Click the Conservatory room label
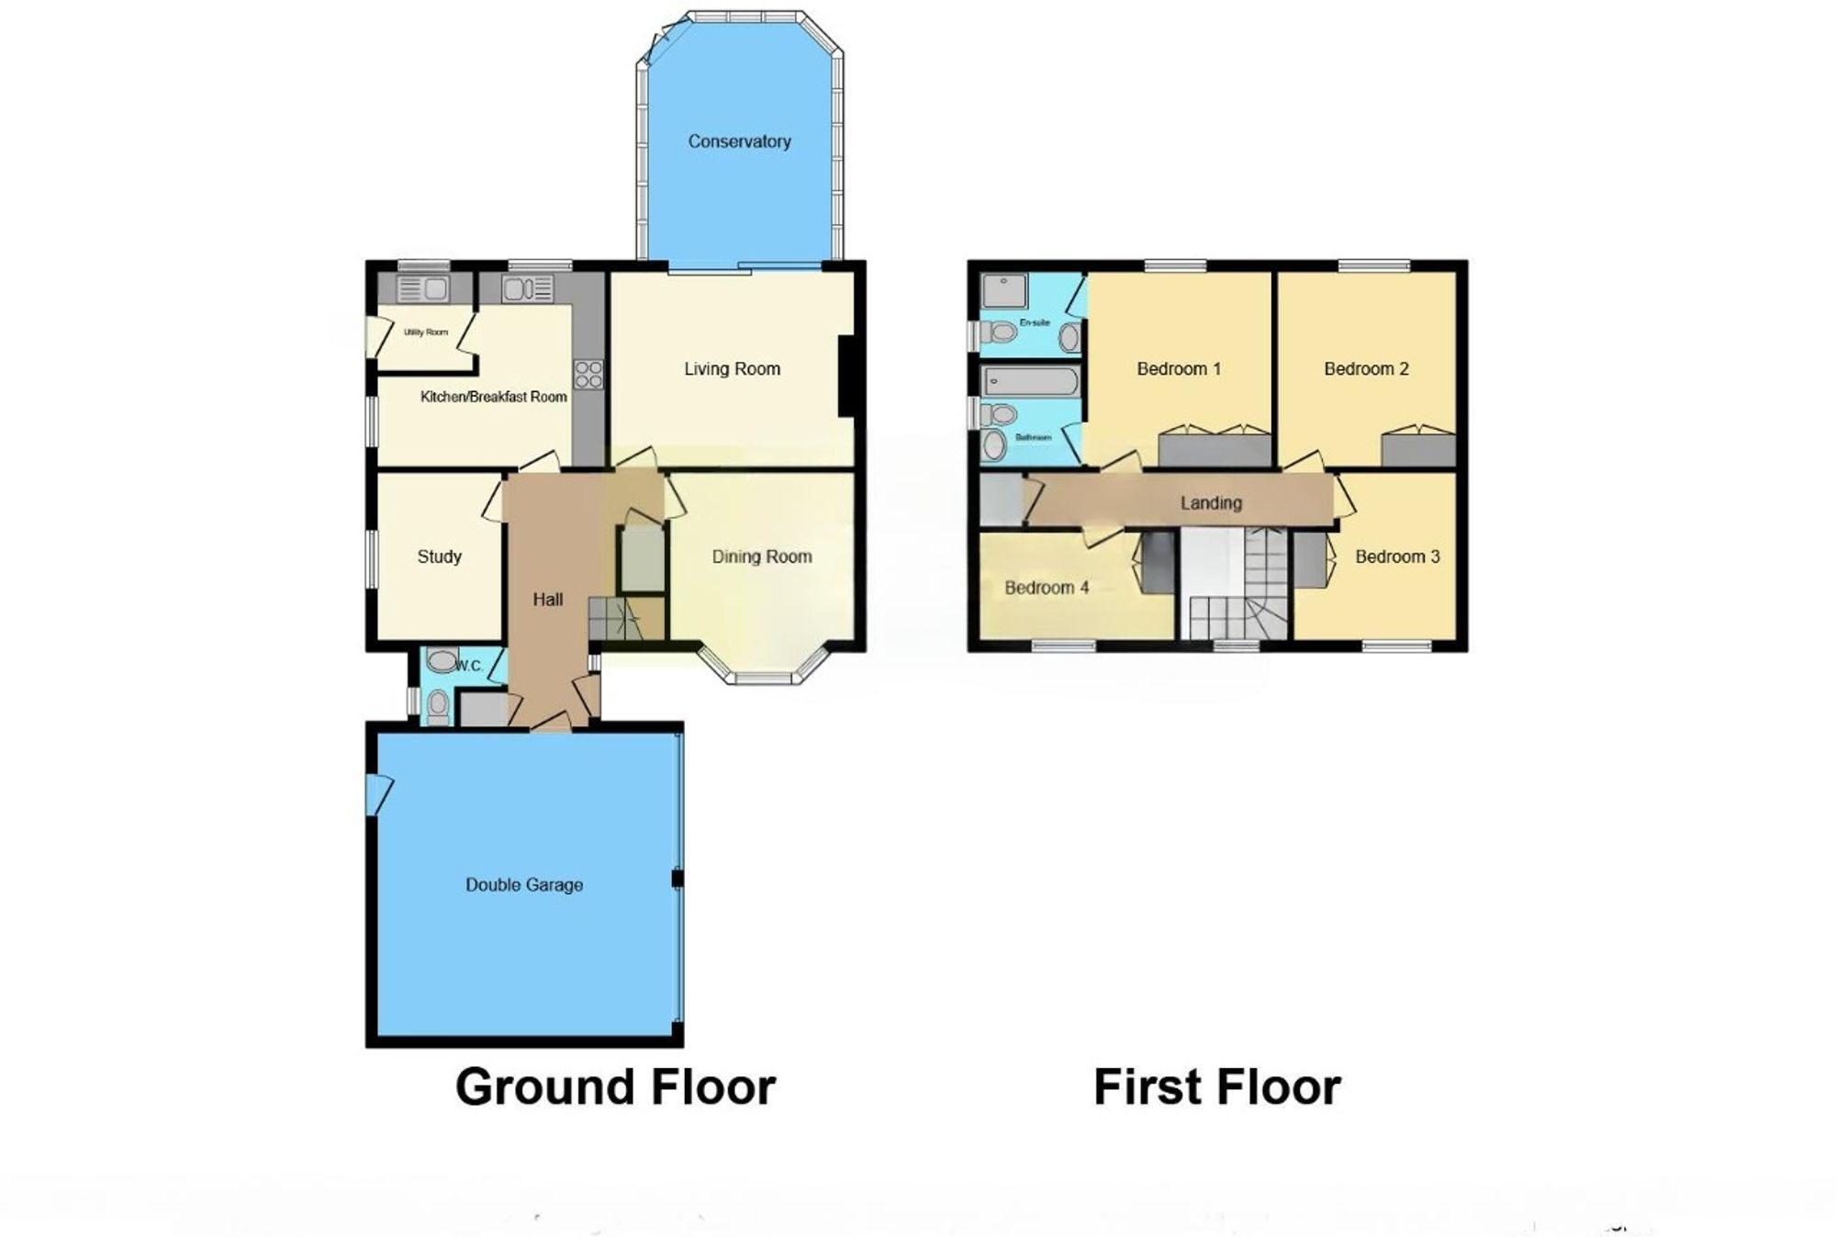tap(739, 141)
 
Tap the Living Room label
tap(732, 369)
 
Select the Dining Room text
tap(762, 557)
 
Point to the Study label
tap(439, 557)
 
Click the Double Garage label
tap(524, 885)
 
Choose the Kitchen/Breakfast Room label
tap(493, 397)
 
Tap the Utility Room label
tap(426, 332)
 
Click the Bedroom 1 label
tap(1179, 369)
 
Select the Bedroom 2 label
tap(1366, 369)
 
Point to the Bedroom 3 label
tap(1397, 557)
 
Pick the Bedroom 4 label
tap(1047, 588)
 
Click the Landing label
tap(1211, 503)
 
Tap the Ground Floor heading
tap(615, 1087)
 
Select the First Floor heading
tap(1217, 1087)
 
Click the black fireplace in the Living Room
tap(846, 377)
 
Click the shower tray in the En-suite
tap(1004, 290)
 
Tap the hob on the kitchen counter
tap(588, 374)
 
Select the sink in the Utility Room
tap(423, 289)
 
